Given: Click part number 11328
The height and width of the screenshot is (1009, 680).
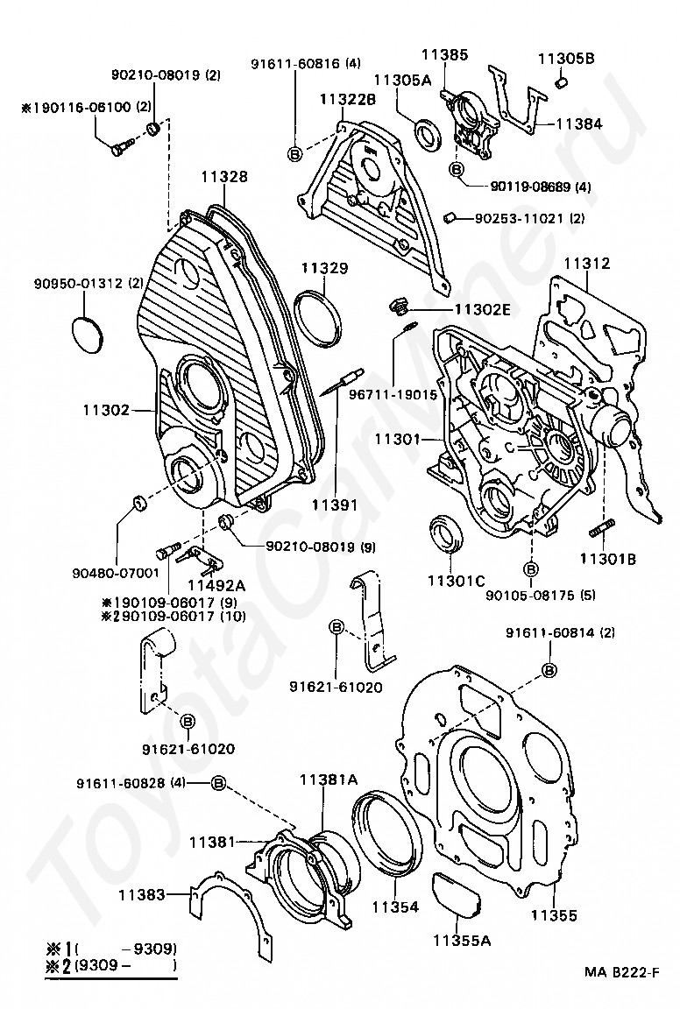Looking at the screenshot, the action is point(223,176).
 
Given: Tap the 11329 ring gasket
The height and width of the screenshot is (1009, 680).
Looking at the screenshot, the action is point(317,320).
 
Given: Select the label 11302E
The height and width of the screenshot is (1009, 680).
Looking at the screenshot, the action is point(482,309).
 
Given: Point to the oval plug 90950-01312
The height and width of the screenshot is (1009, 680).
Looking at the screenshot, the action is point(86,335).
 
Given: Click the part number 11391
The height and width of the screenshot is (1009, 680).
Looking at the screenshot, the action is point(335,505).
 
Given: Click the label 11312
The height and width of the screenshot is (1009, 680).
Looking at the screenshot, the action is point(587,263).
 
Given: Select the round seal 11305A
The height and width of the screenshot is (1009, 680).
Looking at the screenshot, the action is point(426,135).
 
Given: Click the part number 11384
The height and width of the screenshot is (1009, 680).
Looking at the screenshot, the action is point(579,123).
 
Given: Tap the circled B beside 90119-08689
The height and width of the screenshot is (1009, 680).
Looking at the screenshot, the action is point(456,169).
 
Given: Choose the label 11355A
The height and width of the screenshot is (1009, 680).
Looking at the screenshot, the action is point(462,940).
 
